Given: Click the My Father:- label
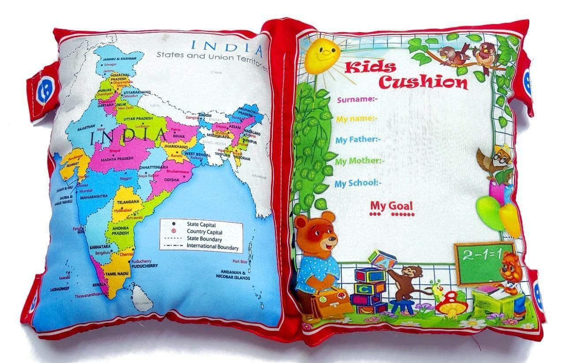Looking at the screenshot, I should (358, 140).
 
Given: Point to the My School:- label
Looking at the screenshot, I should (358, 183).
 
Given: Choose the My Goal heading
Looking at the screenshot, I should (392, 206).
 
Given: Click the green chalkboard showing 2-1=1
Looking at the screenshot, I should (484, 263).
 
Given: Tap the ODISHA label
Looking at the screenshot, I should (172, 180).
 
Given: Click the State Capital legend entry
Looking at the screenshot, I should (198, 224).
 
